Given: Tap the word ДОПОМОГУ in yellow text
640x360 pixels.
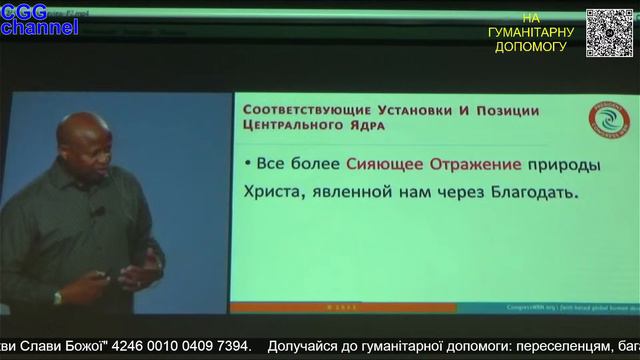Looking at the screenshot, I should (530, 47).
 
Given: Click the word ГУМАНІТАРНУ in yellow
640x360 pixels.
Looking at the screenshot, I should (530, 33).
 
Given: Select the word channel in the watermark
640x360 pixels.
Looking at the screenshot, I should (39, 28).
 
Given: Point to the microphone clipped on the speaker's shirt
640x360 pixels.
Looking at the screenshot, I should (99, 211).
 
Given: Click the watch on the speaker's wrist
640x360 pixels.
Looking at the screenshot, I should (58, 297).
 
